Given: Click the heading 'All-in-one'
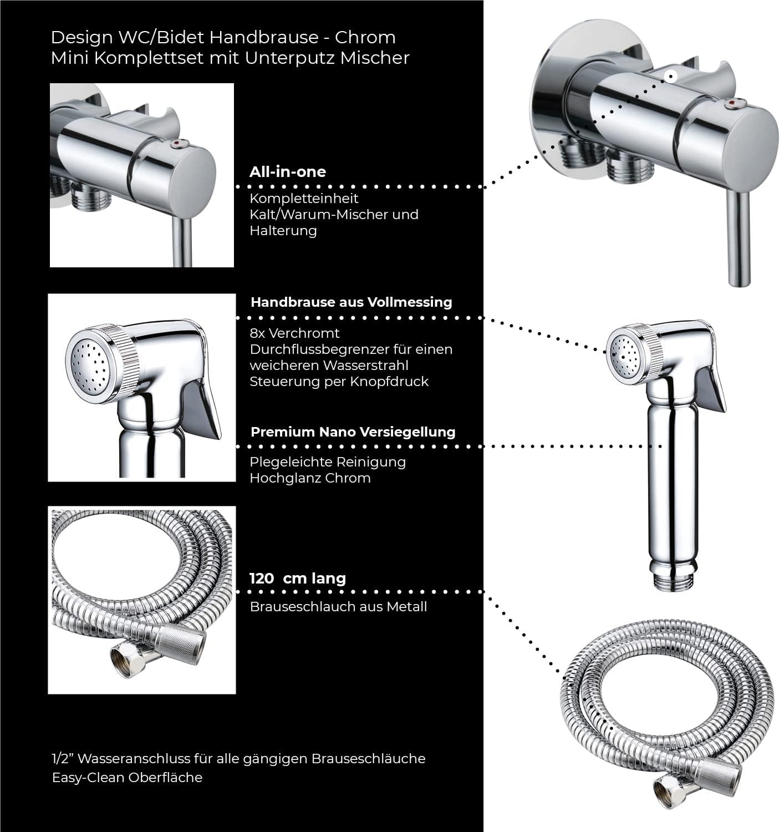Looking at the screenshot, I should pyautogui.click(x=287, y=172).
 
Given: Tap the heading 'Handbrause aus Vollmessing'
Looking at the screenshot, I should pyautogui.click(x=351, y=302).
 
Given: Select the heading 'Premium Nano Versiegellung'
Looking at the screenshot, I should pyautogui.click(x=353, y=432).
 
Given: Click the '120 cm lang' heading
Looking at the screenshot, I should pyautogui.click(x=297, y=579).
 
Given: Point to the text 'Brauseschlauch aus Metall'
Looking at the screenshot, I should pyautogui.click(x=338, y=607).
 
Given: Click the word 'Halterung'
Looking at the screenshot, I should pyautogui.click(x=283, y=231).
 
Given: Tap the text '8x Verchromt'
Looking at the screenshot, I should pyautogui.click(x=294, y=333).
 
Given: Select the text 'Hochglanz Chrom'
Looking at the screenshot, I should pyautogui.click(x=310, y=478).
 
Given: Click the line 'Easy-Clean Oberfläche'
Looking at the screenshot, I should pyautogui.click(x=127, y=778).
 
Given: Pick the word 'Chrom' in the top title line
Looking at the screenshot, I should pyautogui.click(x=372, y=38).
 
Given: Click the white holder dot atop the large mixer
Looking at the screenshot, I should pyautogui.click(x=671, y=77).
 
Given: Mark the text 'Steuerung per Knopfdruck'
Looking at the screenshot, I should pyautogui.click(x=339, y=382).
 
